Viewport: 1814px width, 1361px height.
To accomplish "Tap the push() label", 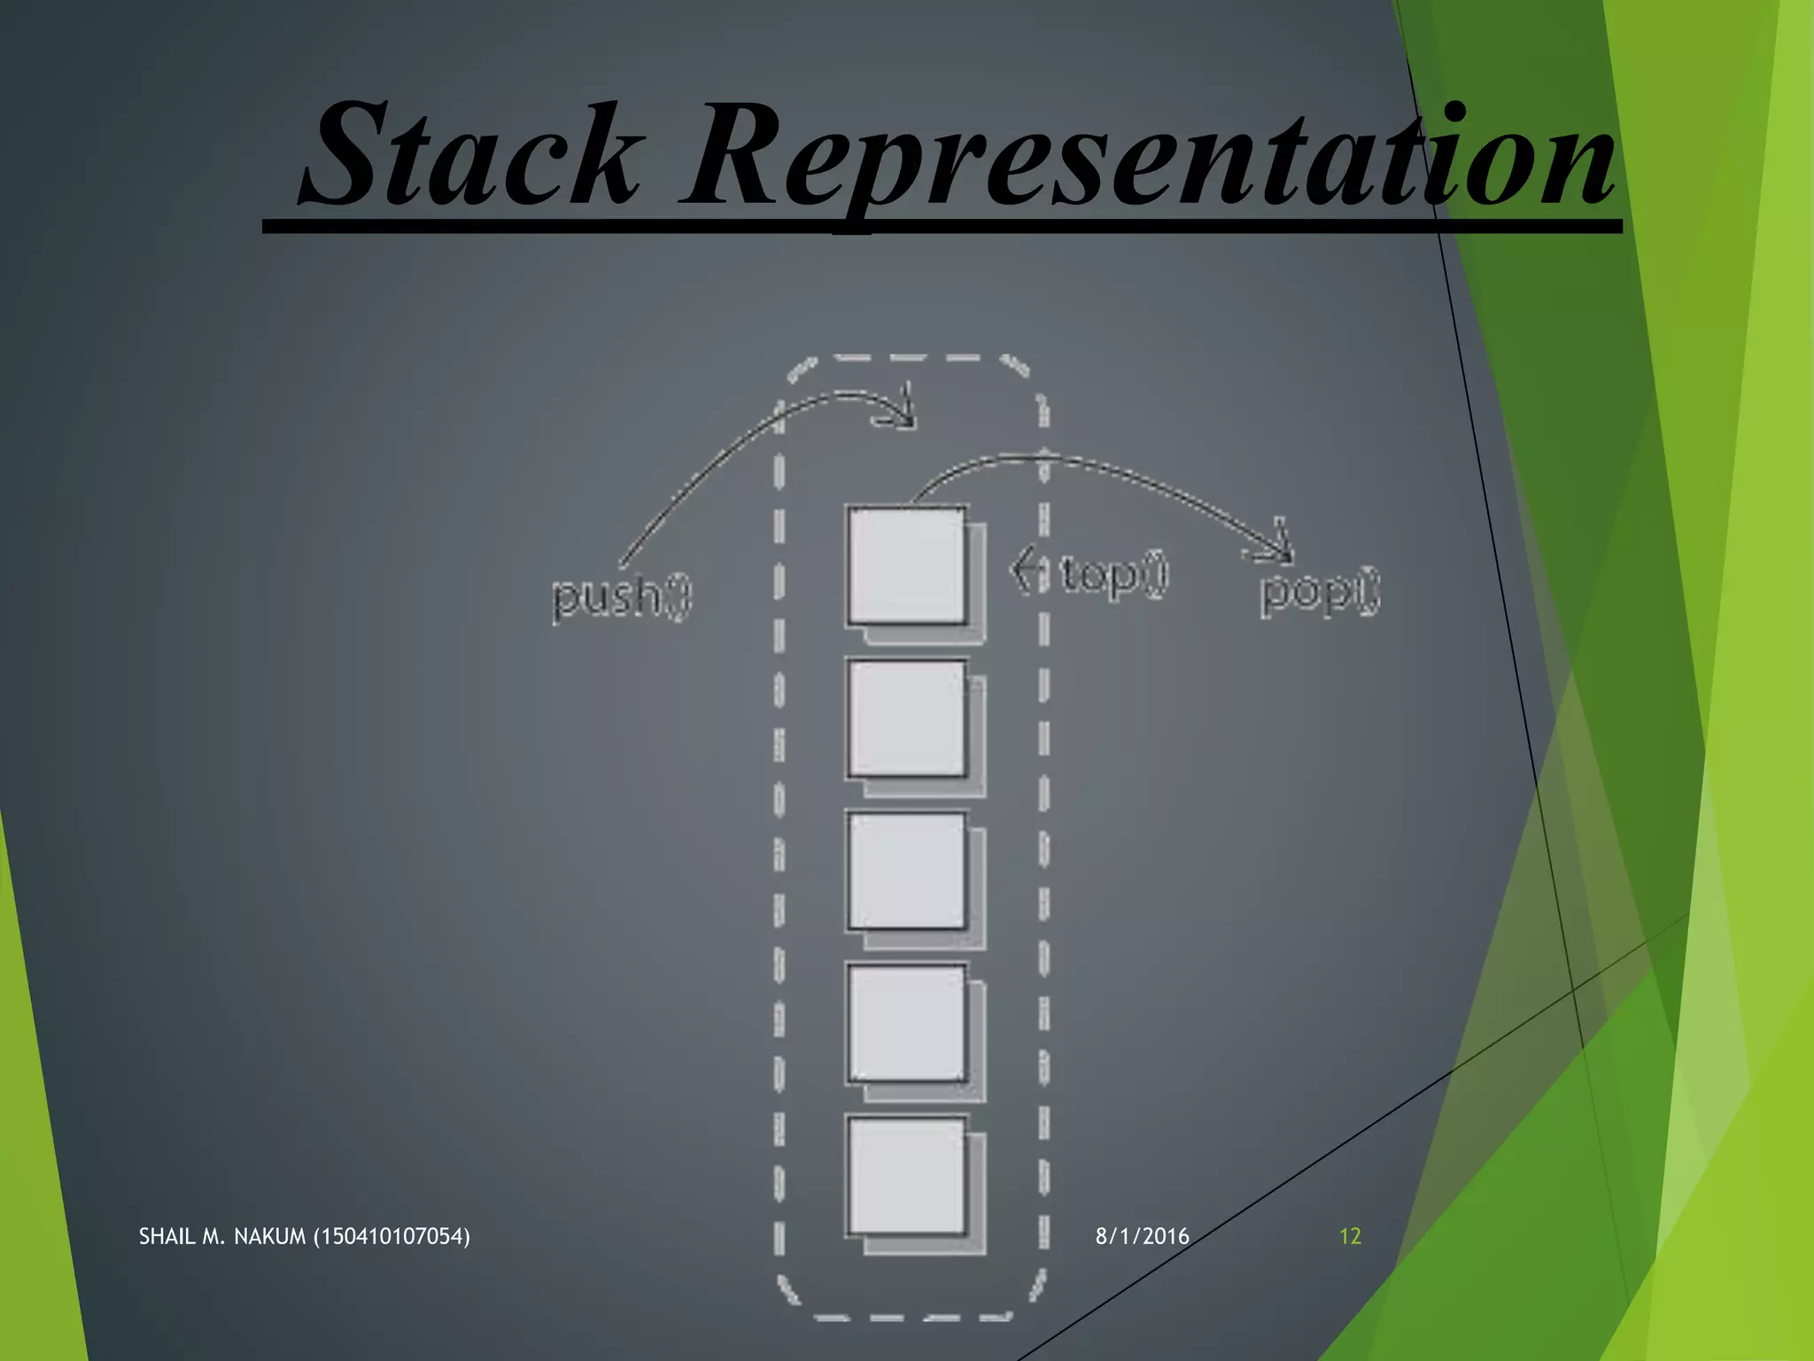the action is tap(621, 596).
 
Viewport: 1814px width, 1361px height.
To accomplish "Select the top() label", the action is tap(1114, 574).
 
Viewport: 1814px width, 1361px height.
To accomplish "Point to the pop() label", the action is tap(1320, 591).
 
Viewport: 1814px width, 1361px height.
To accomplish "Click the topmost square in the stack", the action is tap(907, 565).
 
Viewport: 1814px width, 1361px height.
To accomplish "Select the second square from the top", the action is tap(907, 718).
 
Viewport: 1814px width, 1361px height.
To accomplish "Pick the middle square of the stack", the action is tap(907, 870).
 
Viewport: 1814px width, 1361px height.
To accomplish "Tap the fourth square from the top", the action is tap(907, 1023).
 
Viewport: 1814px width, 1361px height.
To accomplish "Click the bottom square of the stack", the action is tap(907, 1176).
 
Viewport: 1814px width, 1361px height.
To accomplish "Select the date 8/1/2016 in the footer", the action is tap(1142, 1236).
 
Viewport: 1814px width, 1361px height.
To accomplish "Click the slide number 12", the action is tap(1349, 1236).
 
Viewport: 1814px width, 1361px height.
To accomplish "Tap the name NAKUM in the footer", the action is tap(269, 1236).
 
